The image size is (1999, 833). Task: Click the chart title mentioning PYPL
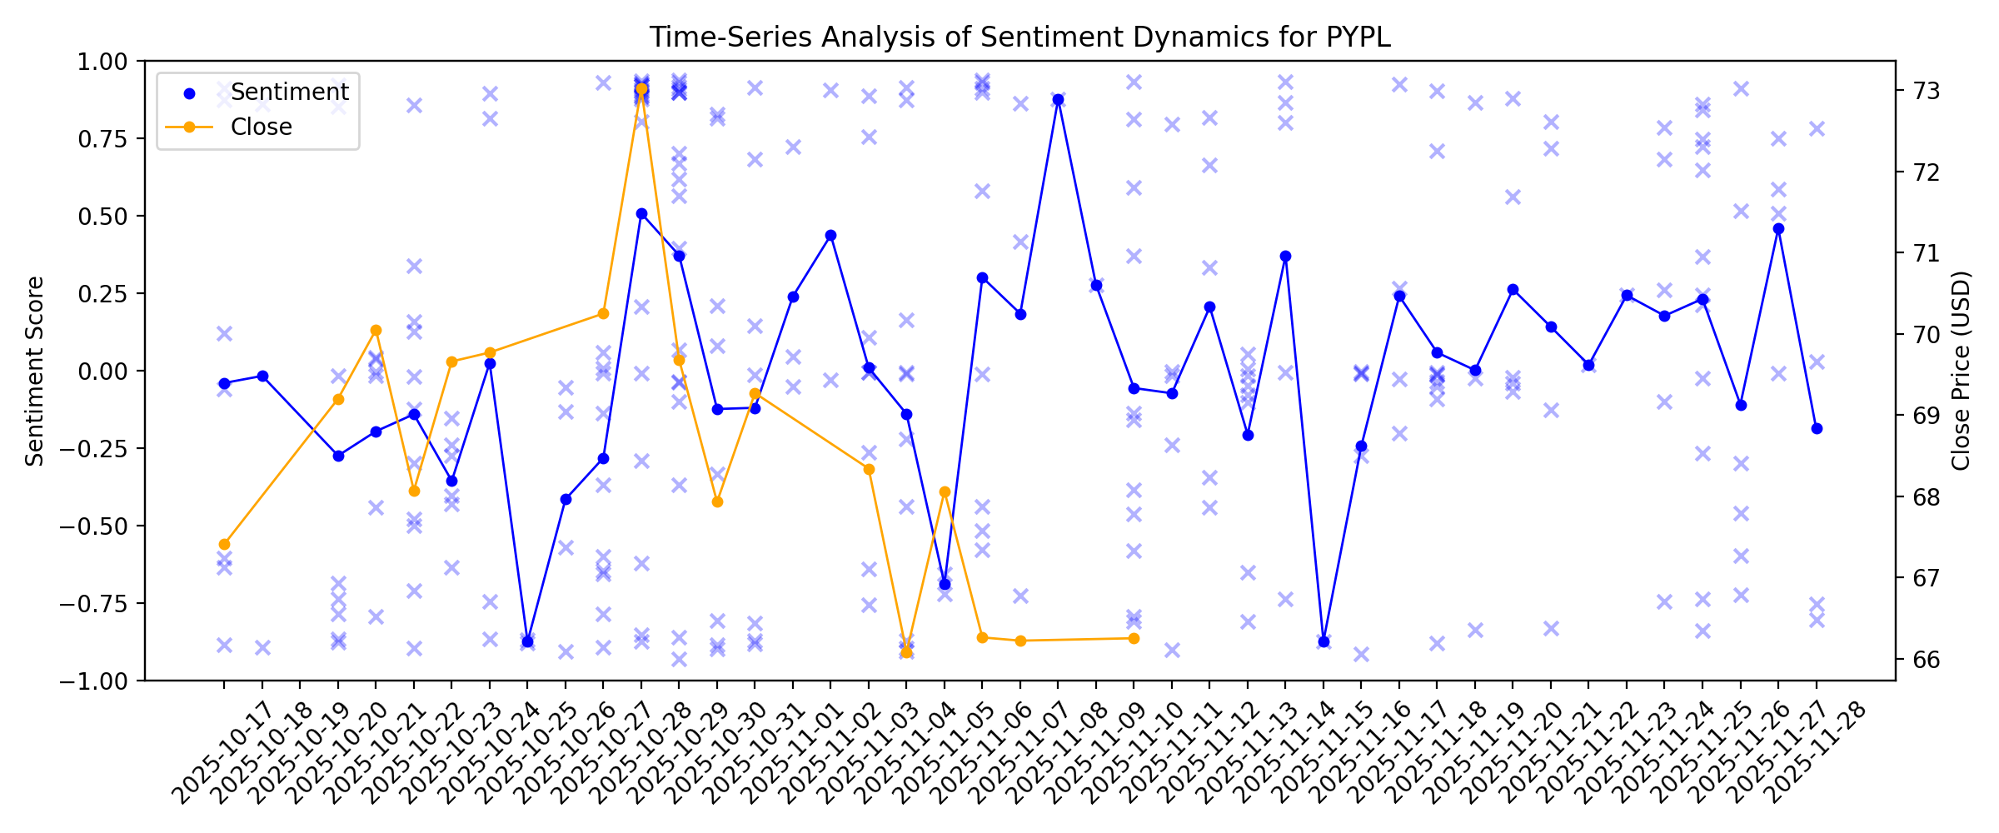point(1019,37)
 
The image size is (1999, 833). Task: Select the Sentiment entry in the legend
point(289,92)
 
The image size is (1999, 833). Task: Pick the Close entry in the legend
point(261,127)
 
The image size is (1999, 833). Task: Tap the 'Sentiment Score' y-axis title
point(34,371)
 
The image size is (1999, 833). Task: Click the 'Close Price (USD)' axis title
point(1961,371)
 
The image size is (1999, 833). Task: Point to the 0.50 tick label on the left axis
point(103,216)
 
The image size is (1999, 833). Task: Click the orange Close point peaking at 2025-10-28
point(641,88)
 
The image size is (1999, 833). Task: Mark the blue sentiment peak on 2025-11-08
point(1058,99)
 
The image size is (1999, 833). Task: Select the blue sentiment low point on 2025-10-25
point(527,641)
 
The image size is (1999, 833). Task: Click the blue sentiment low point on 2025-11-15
point(1324,641)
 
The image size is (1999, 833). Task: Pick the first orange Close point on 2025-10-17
point(224,544)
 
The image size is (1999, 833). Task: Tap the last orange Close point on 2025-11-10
point(1134,638)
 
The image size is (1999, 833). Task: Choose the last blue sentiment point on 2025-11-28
point(1817,428)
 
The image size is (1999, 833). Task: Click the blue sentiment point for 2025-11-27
point(1778,228)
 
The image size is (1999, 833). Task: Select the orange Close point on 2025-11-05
point(945,491)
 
